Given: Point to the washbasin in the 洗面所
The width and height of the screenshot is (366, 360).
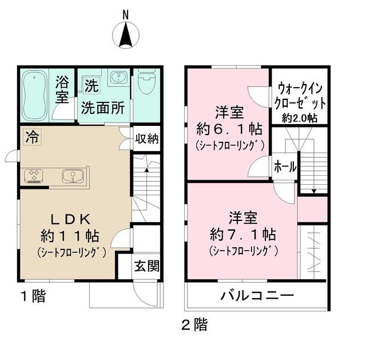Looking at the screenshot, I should click(x=117, y=78).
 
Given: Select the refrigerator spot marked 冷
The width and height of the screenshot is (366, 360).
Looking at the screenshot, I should click(x=33, y=137).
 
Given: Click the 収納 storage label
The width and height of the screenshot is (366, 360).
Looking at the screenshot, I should click(x=147, y=139).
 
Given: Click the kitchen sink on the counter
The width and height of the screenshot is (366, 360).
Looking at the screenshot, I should click(x=72, y=176).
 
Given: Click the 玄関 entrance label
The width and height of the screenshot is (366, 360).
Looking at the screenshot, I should click(x=146, y=267).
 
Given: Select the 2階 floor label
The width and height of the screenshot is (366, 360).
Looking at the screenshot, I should click(x=195, y=325).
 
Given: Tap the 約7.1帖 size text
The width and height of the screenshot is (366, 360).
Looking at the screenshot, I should click(x=243, y=234).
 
